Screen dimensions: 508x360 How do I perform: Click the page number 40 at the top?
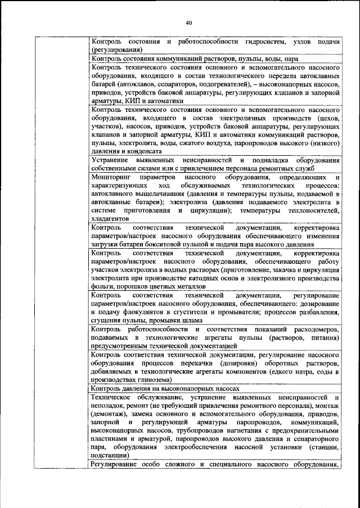pyautogui.click(x=188, y=23)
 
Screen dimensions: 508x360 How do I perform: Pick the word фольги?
pyautogui.click(x=100, y=286)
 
